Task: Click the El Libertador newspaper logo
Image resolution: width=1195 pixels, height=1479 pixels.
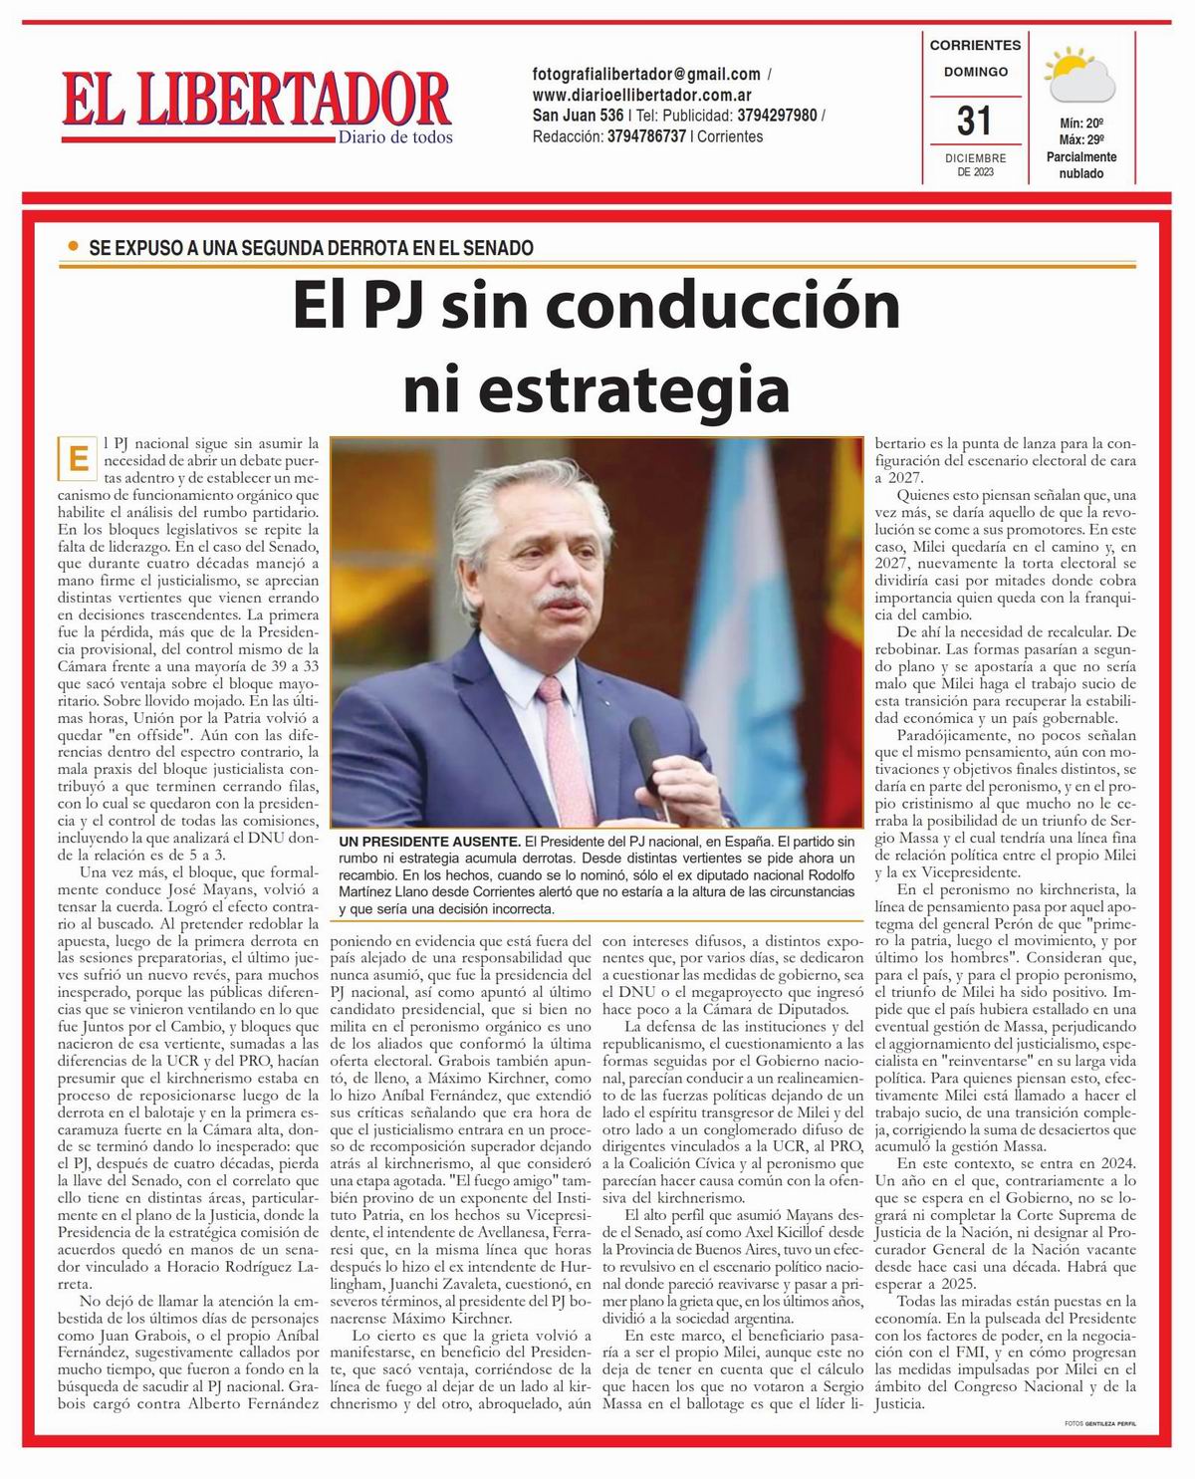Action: [x=256, y=103]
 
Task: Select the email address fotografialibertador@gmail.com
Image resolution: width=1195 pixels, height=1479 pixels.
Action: [x=647, y=75]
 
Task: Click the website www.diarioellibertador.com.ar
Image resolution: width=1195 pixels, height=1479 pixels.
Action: [x=642, y=96]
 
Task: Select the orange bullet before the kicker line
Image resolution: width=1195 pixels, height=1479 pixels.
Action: [x=72, y=245]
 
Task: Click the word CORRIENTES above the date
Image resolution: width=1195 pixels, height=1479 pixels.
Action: [x=975, y=45]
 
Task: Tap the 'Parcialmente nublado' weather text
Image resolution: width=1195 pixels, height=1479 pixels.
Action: [x=1080, y=165]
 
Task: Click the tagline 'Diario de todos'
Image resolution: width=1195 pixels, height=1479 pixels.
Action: [x=395, y=137]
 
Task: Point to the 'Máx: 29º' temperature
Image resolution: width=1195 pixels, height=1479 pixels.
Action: [x=1081, y=140]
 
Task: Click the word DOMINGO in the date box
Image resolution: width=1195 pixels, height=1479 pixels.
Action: [x=975, y=72]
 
